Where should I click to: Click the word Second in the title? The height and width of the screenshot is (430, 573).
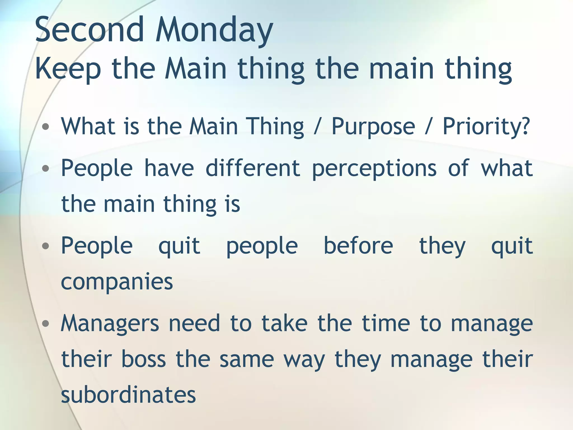pos(90,30)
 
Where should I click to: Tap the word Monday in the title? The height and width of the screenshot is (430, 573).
pos(214,31)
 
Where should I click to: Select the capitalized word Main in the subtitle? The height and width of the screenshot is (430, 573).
pos(195,68)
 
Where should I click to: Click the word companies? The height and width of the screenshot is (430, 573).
pos(117,282)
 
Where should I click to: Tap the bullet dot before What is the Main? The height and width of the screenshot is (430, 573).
pos(45,127)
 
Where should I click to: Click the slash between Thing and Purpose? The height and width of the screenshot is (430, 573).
pos(317,127)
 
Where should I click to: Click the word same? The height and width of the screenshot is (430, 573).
pos(246,360)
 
